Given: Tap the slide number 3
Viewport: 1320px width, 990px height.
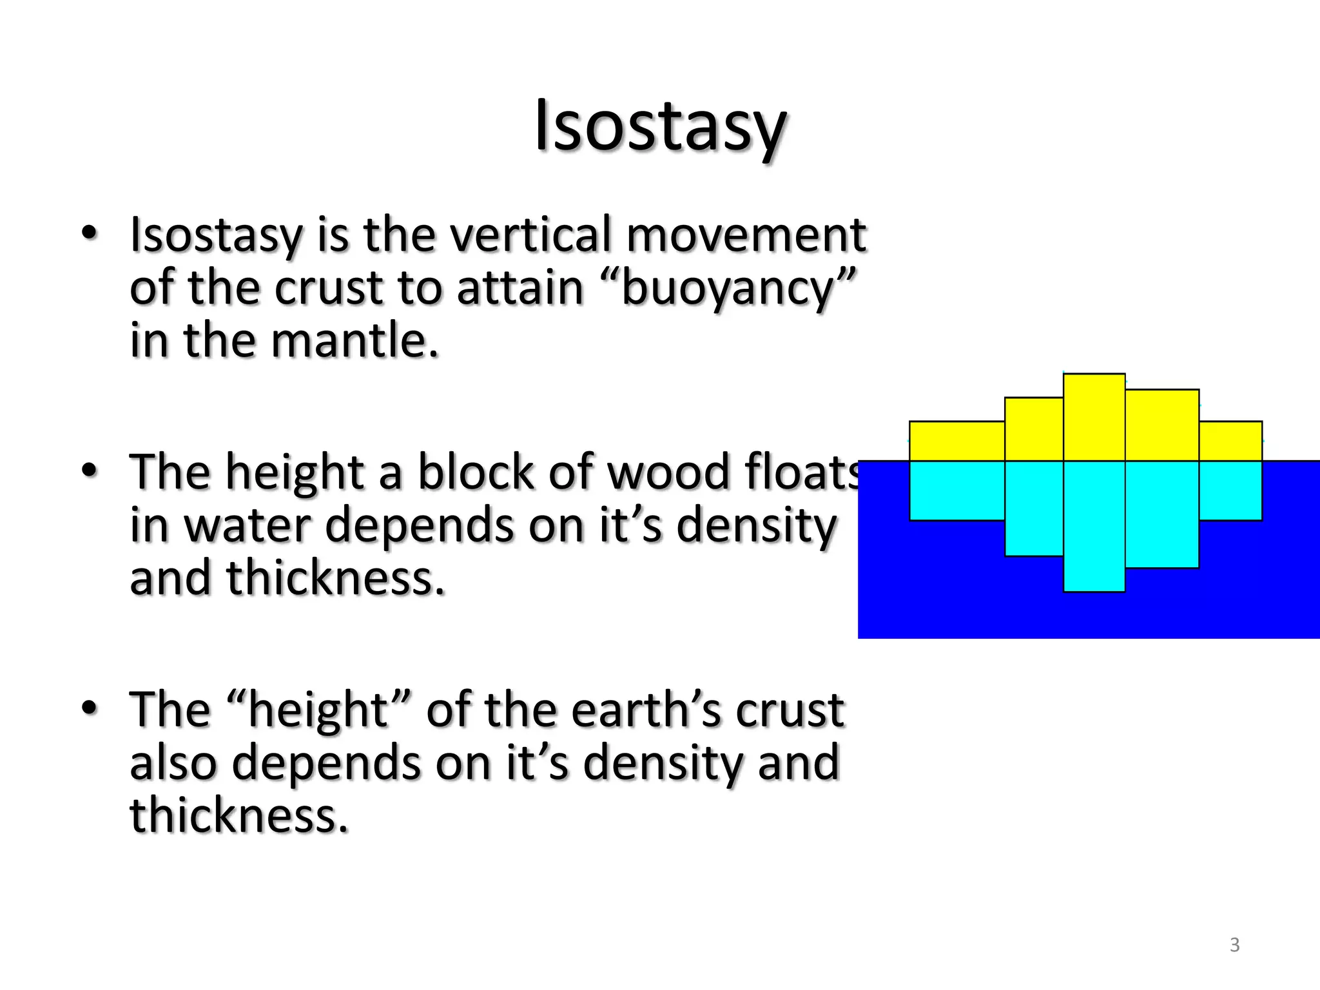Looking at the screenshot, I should pyautogui.click(x=1234, y=944).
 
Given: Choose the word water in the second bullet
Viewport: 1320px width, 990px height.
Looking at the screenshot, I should pyautogui.click(x=248, y=525).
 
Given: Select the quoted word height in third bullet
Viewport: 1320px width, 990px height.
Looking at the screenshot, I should pyautogui.click(x=318, y=710).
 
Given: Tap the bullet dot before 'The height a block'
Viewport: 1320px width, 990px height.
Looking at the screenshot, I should pyautogui.click(x=90, y=470).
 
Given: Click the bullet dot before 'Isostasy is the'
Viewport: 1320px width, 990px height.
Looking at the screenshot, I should pyautogui.click(x=90, y=233).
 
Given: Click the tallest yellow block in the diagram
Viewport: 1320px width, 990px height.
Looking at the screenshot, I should pyautogui.click(x=1094, y=416).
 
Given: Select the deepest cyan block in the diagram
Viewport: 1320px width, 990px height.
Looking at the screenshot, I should pyautogui.click(x=1094, y=525).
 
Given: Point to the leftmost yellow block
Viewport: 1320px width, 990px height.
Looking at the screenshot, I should pyautogui.click(x=956, y=441).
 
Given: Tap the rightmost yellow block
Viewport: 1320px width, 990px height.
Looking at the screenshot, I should pyautogui.click(x=1230, y=441).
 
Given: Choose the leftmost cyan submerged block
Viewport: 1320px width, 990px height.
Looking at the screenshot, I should pyautogui.click(x=956, y=490).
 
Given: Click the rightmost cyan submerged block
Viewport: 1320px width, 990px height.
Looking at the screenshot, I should pyautogui.click(x=1230, y=490).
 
